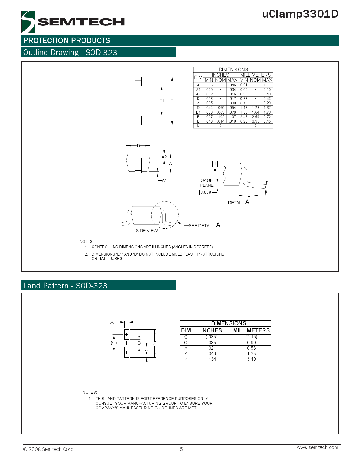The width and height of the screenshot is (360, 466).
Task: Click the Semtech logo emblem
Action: (x=28, y=22)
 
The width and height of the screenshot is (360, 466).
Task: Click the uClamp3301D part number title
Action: (x=300, y=14)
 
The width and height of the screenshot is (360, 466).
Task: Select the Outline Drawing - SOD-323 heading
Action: (x=70, y=53)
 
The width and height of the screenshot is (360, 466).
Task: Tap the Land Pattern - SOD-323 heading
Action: (x=66, y=286)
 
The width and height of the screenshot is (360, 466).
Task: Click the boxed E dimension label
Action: (x=172, y=101)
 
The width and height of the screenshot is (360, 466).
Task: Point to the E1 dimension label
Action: (x=162, y=101)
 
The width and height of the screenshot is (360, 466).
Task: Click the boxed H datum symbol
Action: (x=215, y=164)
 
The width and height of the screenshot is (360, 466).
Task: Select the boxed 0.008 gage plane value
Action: (x=206, y=192)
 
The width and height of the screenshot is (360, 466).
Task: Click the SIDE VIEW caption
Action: (x=147, y=231)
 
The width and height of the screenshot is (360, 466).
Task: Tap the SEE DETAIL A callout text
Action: (x=204, y=225)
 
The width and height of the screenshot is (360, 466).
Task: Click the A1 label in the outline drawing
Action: (x=164, y=180)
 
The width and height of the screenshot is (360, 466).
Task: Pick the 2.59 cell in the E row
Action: (x=256, y=117)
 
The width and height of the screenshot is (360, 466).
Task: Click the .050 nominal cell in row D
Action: (x=221, y=108)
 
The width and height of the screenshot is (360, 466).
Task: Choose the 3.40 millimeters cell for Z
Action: (x=251, y=359)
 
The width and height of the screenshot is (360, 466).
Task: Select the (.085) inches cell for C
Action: (x=211, y=337)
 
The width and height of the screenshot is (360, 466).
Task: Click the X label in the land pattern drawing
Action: (x=112, y=322)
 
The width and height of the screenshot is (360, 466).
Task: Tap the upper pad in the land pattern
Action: (x=126, y=334)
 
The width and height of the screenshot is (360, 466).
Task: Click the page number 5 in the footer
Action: (x=182, y=449)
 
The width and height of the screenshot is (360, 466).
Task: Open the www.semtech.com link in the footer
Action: (x=317, y=447)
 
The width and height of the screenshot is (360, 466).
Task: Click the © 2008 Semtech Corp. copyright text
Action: (x=49, y=449)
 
